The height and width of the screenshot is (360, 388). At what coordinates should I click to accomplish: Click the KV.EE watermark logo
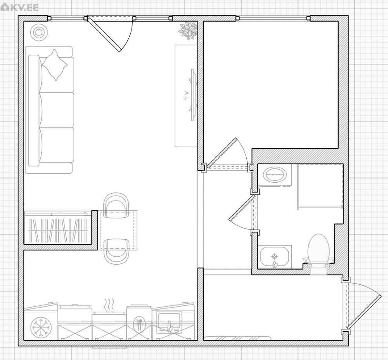19,7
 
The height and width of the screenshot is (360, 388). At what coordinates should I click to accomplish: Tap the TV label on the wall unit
187,95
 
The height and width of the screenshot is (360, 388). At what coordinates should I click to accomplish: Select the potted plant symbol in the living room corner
188,31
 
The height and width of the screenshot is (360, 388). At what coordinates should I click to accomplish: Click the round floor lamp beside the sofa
39,32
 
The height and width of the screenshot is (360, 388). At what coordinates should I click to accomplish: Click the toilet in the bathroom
319,251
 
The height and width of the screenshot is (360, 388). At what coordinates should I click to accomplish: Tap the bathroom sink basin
274,257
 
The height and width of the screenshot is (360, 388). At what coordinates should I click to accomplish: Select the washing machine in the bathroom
275,175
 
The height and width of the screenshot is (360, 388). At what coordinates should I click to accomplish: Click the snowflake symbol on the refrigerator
41,327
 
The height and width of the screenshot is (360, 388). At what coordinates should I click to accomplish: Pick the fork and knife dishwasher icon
139,325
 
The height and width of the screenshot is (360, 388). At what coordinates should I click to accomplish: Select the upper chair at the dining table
116,205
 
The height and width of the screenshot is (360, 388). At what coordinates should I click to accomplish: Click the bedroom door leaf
221,152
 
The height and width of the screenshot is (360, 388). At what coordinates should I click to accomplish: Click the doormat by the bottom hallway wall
237,338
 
